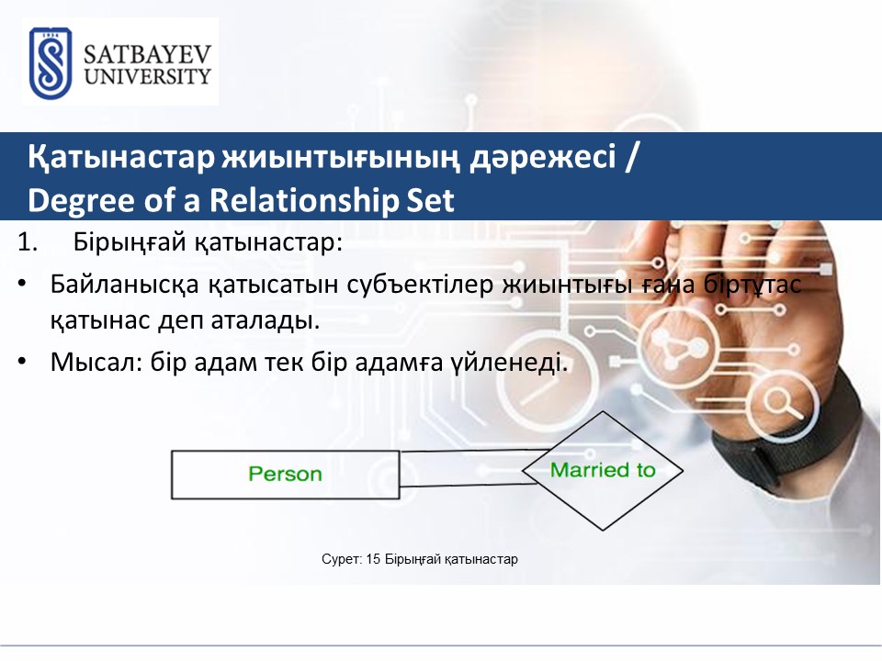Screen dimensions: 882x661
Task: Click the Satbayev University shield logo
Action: point(50,63)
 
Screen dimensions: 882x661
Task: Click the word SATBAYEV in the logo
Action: point(147,54)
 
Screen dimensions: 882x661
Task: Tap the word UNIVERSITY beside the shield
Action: point(147,76)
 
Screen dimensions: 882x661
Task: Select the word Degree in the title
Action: point(81,201)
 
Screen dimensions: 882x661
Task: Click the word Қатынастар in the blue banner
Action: point(121,157)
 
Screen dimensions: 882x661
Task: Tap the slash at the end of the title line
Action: point(631,156)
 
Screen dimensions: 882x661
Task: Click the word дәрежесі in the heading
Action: point(543,157)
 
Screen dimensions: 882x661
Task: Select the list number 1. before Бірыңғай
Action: point(28,242)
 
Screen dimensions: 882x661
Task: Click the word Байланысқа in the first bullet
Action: point(124,285)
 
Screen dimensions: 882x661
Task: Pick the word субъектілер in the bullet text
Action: point(420,284)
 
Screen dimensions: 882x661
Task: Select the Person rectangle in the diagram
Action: point(285,475)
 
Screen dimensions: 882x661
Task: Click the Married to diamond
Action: point(603,470)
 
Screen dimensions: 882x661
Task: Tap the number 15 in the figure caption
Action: point(373,559)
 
